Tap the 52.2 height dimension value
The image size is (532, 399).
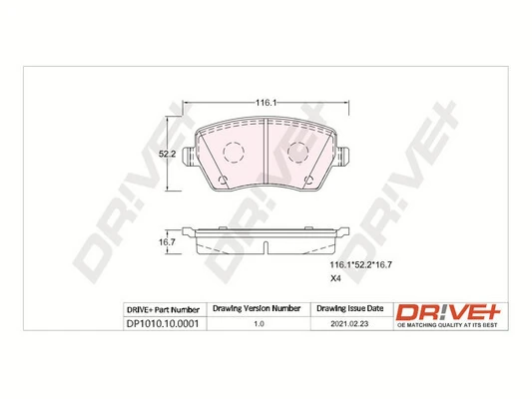[169, 155]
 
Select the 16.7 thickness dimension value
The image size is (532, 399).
[169, 240]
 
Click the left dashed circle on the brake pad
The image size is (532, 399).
[234, 152]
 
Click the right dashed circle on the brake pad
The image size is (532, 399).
[298, 152]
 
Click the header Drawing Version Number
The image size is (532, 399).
[258, 309]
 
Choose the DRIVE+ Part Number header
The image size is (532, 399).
[165, 309]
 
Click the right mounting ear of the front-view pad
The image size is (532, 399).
[344, 158]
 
